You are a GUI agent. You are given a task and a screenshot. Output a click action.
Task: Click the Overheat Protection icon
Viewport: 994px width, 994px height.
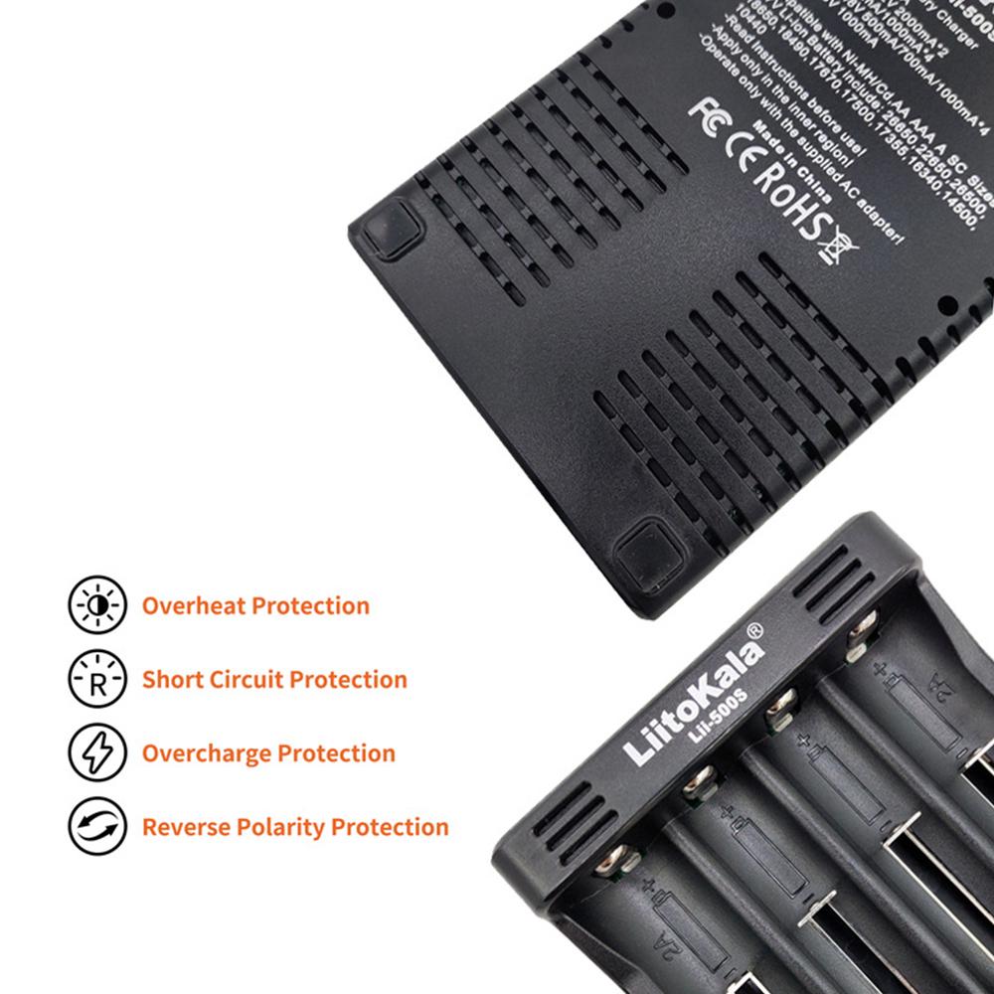click(98, 605)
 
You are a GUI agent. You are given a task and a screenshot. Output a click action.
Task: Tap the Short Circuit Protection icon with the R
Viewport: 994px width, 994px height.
click(98, 680)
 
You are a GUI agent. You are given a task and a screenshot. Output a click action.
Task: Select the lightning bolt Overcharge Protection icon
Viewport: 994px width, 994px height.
click(98, 752)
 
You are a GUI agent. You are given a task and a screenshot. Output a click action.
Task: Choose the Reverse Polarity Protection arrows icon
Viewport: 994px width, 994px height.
click(98, 827)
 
